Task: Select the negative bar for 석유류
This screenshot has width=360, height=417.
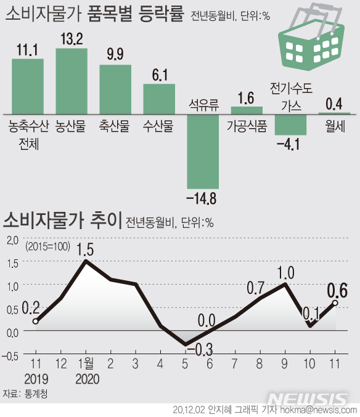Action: point(203,152)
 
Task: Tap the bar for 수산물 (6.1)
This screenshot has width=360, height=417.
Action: point(159,99)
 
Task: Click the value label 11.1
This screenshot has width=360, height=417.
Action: point(28,50)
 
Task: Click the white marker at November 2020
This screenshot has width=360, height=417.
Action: point(335,302)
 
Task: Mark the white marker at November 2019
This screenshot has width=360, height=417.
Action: point(36,321)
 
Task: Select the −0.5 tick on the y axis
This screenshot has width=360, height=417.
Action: point(10,354)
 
